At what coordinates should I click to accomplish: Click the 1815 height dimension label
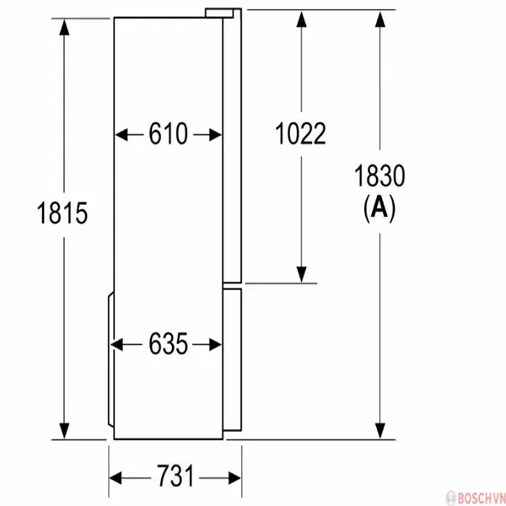pos(62,213)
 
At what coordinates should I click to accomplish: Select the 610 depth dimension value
pos(168,133)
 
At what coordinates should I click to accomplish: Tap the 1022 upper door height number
pos(300,133)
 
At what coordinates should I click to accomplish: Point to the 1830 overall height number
pos(379,176)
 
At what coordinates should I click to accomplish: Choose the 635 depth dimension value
pos(168,344)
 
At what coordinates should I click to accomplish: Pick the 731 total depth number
pos(175,476)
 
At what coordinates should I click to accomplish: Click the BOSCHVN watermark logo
pos(476,498)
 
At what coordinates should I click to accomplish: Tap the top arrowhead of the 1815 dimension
pos(64,27)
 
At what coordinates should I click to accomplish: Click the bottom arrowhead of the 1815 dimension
pos(64,431)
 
